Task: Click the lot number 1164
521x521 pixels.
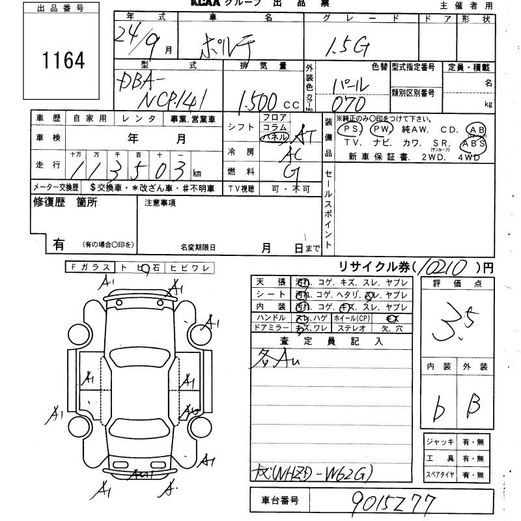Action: pos(64,61)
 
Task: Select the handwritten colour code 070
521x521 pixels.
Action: pos(352,104)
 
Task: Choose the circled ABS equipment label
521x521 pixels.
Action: pos(473,143)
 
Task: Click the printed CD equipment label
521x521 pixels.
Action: pos(449,129)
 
